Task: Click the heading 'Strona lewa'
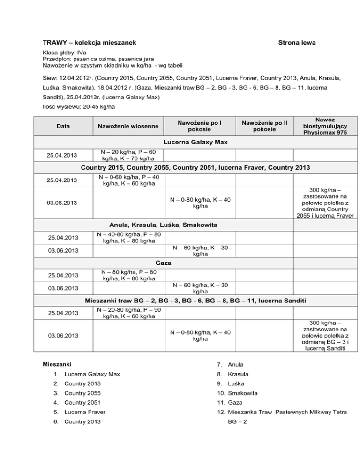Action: tap(296, 43)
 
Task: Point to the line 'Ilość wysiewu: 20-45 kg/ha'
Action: tap(78, 106)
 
